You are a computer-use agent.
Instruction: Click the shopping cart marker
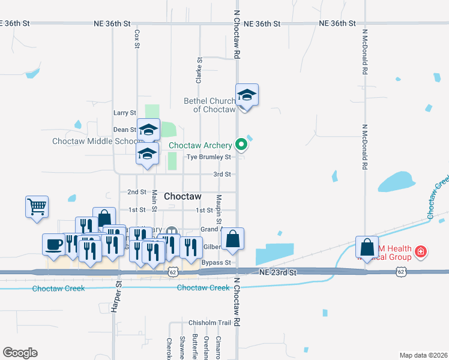click(x=37, y=207)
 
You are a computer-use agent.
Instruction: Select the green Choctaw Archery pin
click(x=241, y=144)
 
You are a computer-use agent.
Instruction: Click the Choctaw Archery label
click(x=200, y=145)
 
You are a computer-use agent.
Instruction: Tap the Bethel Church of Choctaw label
click(x=209, y=105)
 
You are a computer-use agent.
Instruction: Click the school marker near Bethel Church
click(x=247, y=95)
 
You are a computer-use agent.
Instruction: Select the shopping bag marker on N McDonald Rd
click(x=366, y=247)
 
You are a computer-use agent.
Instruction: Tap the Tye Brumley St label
click(x=208, y=157)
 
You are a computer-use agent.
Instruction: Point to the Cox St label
click(x=137, y=39)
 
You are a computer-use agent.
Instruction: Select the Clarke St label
click(x=197, y=70)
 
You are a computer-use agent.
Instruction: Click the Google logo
click(x=20, y=353)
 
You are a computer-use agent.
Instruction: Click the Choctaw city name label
click(x=182, y=196)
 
